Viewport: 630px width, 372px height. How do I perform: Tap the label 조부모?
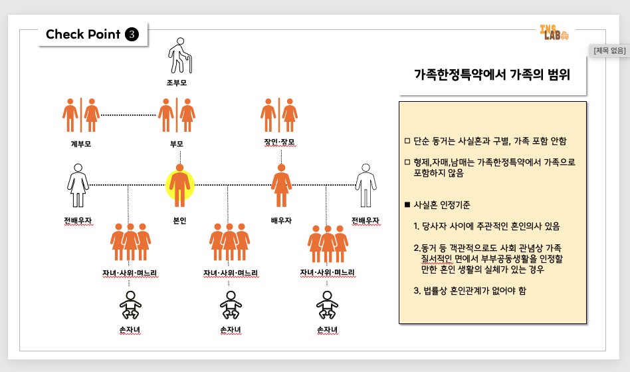177,83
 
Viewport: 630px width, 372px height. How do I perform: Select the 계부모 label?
80,143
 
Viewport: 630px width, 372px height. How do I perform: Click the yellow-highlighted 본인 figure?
179,184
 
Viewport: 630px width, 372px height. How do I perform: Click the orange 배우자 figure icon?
282,184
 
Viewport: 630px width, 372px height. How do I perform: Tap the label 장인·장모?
279,142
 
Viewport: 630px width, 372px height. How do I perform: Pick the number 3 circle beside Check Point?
132,34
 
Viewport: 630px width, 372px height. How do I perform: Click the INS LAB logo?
554,33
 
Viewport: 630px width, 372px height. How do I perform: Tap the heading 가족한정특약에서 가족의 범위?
492,75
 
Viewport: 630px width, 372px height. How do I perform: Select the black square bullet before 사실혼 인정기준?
407,205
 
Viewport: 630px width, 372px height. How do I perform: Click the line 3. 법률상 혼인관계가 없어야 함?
470,291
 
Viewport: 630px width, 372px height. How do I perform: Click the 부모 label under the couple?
177,143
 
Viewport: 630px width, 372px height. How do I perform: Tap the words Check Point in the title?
83,34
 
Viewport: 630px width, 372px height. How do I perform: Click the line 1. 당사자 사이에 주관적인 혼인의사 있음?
486,226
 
